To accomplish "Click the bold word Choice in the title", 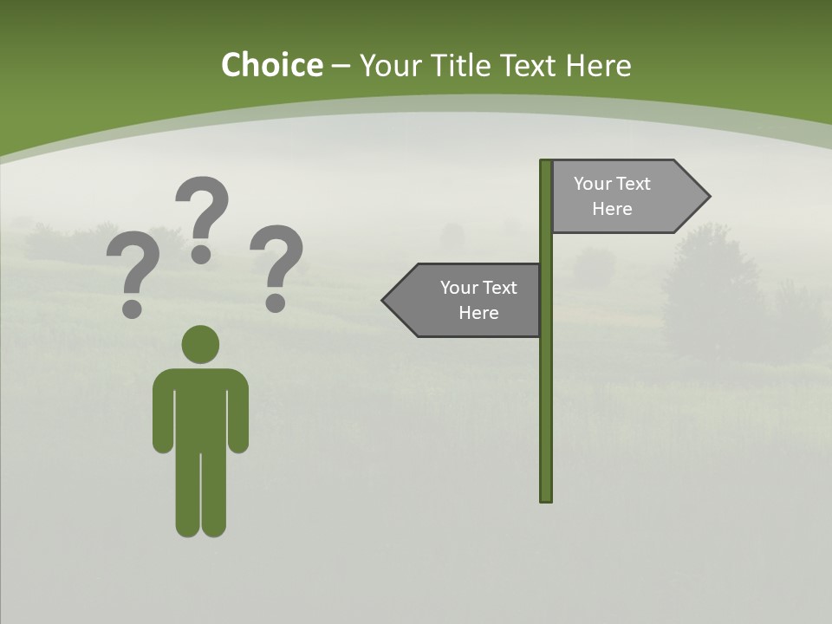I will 271,65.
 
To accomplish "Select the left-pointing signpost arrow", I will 464,300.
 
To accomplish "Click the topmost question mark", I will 202,212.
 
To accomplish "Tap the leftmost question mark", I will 132,269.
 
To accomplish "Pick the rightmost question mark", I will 276,263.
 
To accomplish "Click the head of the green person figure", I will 200,344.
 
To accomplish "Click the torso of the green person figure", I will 200,407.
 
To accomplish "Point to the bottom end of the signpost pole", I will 546,498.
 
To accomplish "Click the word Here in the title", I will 599,65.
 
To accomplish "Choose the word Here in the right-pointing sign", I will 612,209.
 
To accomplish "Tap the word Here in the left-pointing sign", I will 478,313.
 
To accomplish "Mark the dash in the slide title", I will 341,66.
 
